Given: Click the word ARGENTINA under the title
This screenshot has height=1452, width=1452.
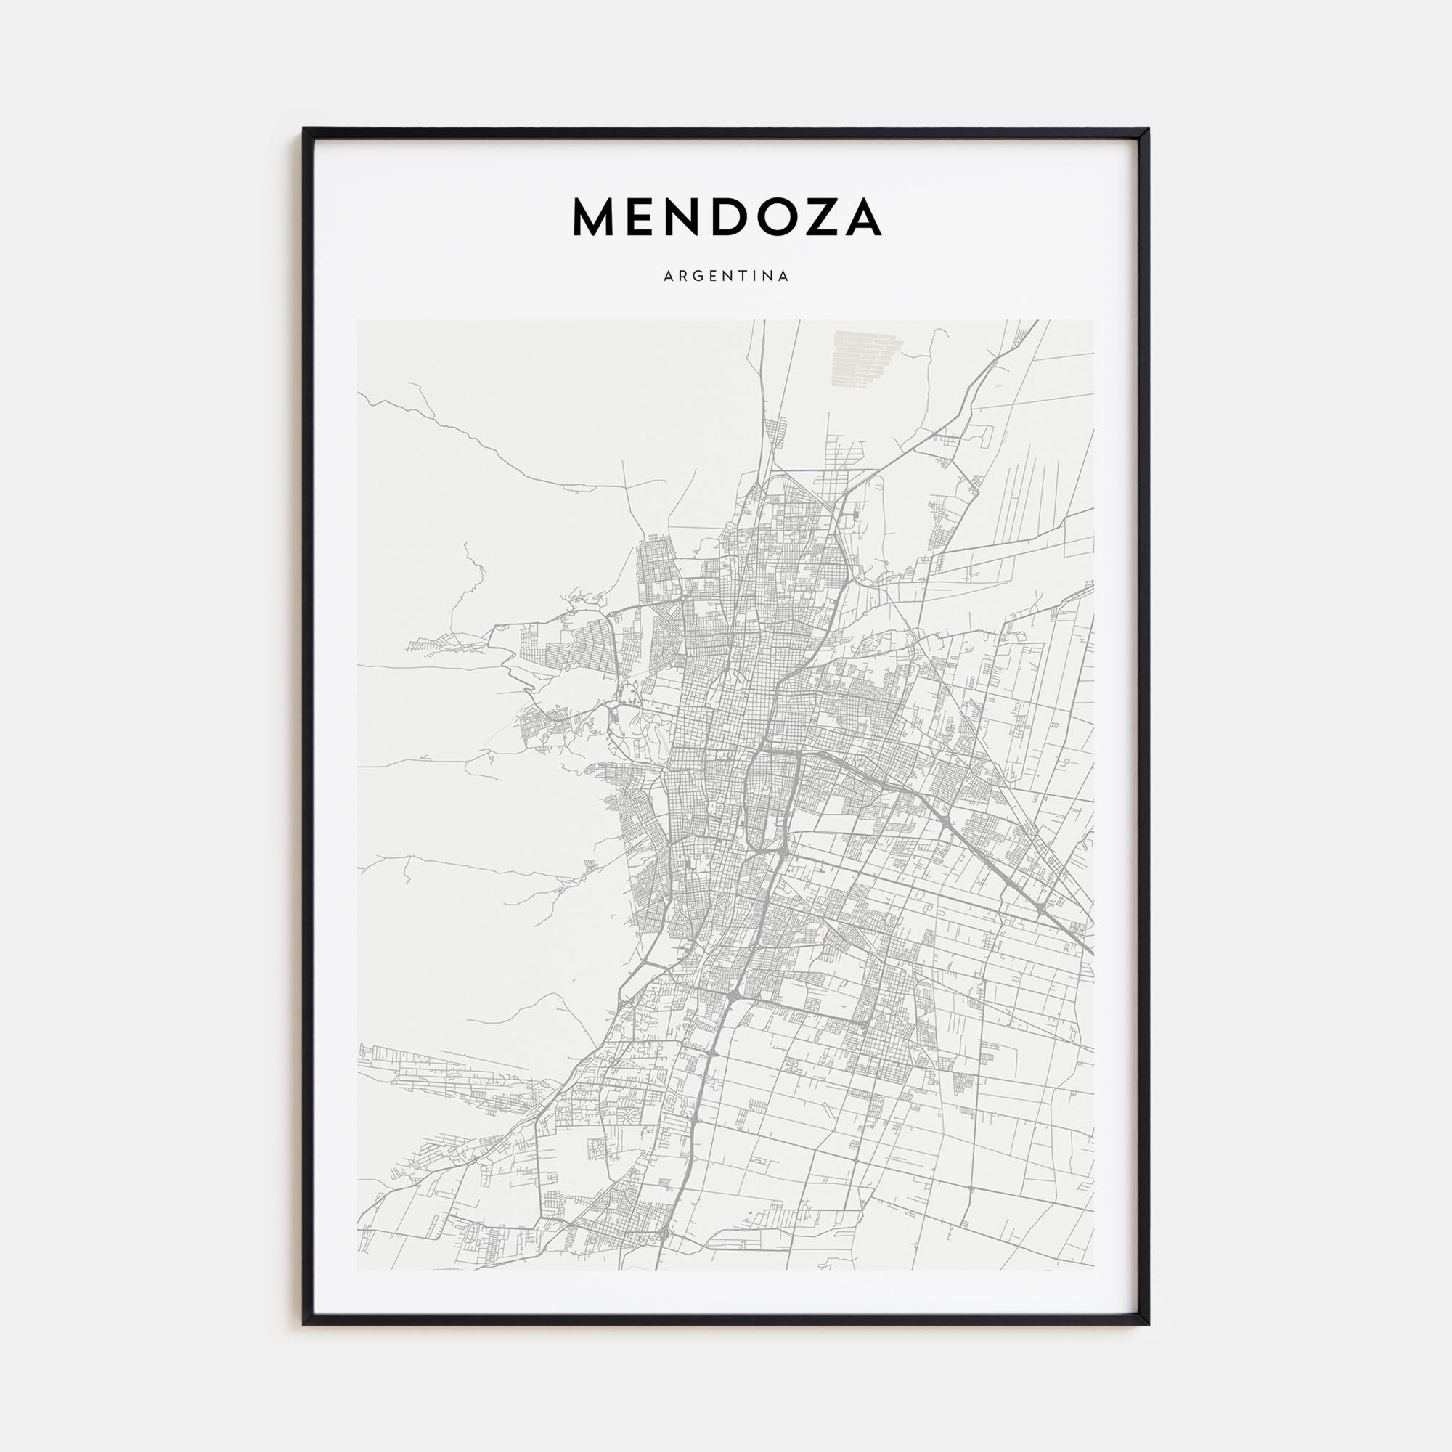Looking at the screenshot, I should [726, 276].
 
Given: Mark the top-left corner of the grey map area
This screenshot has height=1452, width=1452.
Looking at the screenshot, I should [359, 321].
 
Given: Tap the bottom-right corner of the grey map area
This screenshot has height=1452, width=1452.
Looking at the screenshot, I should [1093, 1269].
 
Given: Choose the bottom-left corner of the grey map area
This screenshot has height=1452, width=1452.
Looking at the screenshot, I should [359, 1269].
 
